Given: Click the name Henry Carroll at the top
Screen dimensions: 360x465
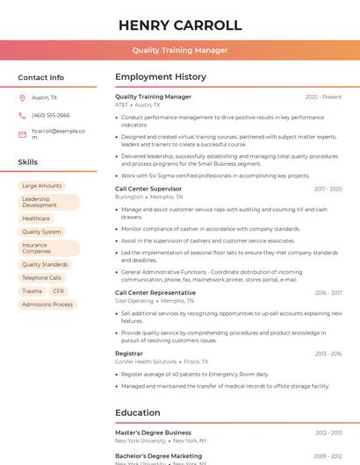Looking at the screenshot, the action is pos(180,25).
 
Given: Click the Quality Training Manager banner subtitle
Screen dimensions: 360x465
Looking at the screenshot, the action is pos(180,50).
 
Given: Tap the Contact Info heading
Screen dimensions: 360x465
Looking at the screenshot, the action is pos(40,77).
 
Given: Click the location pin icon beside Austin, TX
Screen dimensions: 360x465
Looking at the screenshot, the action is pos(22,98).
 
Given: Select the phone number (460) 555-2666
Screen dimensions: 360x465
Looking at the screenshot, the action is pos(51,115).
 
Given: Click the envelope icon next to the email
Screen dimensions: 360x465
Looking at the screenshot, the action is pos(22,134).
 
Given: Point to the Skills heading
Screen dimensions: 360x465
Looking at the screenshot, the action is pos(28,162).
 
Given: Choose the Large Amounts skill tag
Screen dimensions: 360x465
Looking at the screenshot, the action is pos(41,186).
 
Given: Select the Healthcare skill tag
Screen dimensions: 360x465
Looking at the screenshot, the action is pos(36,218).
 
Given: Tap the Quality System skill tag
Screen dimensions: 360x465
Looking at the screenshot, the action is pos(41,232).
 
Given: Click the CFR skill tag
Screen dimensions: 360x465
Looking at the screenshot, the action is pos(58,291).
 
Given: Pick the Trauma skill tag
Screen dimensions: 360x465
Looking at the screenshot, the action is pos(32,291).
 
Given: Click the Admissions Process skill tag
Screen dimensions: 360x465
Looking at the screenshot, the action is pos(47,304).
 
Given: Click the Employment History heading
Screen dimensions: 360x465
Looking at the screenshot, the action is pos(161,77).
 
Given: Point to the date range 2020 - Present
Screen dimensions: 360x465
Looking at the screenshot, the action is pos(323,97).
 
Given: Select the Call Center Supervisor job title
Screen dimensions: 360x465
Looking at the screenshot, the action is pos(148,189).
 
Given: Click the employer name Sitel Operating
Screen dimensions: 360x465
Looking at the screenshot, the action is pos(134,301).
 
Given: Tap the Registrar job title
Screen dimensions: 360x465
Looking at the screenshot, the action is pos(129,354).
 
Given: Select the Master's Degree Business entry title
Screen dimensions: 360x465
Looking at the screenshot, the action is pos(153,433).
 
